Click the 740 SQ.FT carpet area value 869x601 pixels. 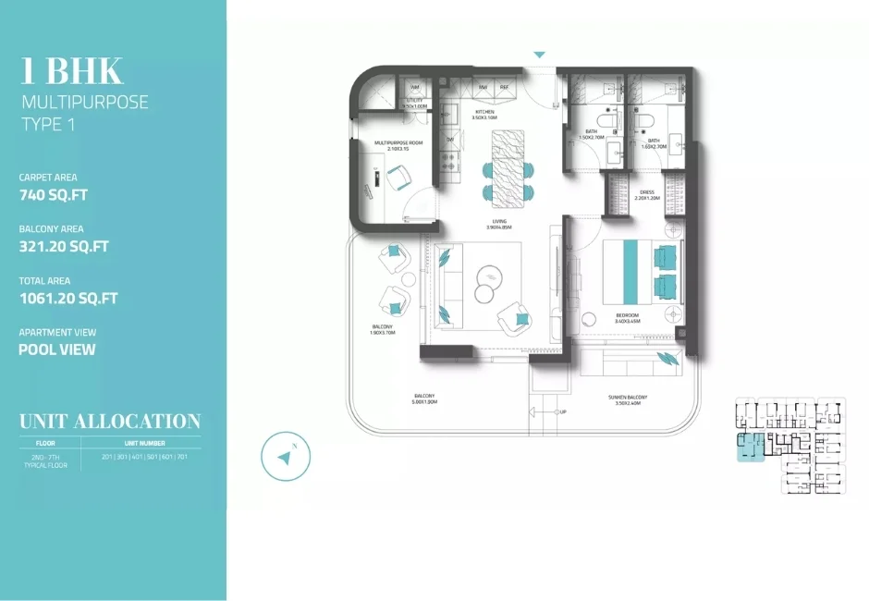[55, 195]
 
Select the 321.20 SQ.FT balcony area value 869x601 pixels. [64, 247]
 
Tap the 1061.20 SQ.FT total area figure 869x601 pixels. [67, 299]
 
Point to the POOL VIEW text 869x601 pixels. [56, 350]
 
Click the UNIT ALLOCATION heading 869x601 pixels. [110, 422]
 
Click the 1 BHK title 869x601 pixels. [70, 70]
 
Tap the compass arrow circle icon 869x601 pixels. [286, 456]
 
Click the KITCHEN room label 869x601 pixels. [484, 112]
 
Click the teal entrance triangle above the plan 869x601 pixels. [540, 55]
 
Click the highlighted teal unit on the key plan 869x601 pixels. [749, 446]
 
